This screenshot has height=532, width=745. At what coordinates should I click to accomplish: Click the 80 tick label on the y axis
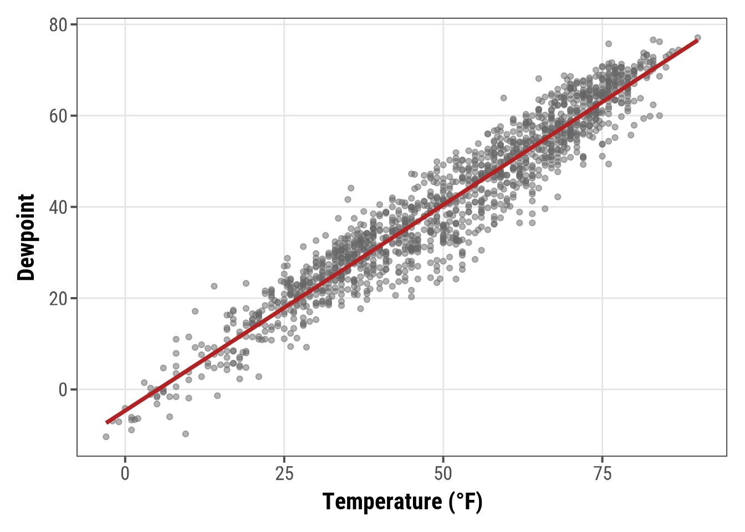(x=58, y=25)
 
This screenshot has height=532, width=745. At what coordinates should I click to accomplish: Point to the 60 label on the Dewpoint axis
(x=58, y=116)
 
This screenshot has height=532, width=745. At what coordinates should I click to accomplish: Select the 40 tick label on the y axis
(x=58, y=207)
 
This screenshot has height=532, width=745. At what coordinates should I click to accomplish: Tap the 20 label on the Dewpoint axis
(x=58, y=298)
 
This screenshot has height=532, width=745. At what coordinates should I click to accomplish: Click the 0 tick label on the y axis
(x=63, y=390)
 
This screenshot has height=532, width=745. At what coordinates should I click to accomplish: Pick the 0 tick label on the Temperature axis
(x=125, y=474)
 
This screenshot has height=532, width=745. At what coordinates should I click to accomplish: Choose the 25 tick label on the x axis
(x=284, y=474)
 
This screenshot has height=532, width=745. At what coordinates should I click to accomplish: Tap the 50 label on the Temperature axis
(x=443, y=474)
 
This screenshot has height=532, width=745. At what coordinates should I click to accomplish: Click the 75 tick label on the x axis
(x=603, y=474)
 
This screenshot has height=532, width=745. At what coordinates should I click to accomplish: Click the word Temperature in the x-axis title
(x=382, y=502)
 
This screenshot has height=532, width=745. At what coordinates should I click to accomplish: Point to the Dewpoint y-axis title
(x=26, y=237)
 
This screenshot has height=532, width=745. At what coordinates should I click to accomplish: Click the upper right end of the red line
(x=697, y=40)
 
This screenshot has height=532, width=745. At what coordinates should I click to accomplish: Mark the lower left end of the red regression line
(x=106, y=423)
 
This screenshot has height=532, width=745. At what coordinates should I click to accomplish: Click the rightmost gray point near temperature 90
(x=698, y=38)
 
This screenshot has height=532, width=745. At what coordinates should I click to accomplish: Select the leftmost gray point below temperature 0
(x=106, y=437)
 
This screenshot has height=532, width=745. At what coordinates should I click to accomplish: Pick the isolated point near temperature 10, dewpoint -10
(x=186, y=434)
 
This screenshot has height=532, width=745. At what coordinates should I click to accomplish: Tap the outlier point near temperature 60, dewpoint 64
(x=503, y=98)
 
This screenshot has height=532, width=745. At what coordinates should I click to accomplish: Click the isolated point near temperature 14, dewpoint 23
(x=214, y=286)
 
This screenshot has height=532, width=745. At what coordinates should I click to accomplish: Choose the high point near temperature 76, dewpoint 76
(x=608, y=44)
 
